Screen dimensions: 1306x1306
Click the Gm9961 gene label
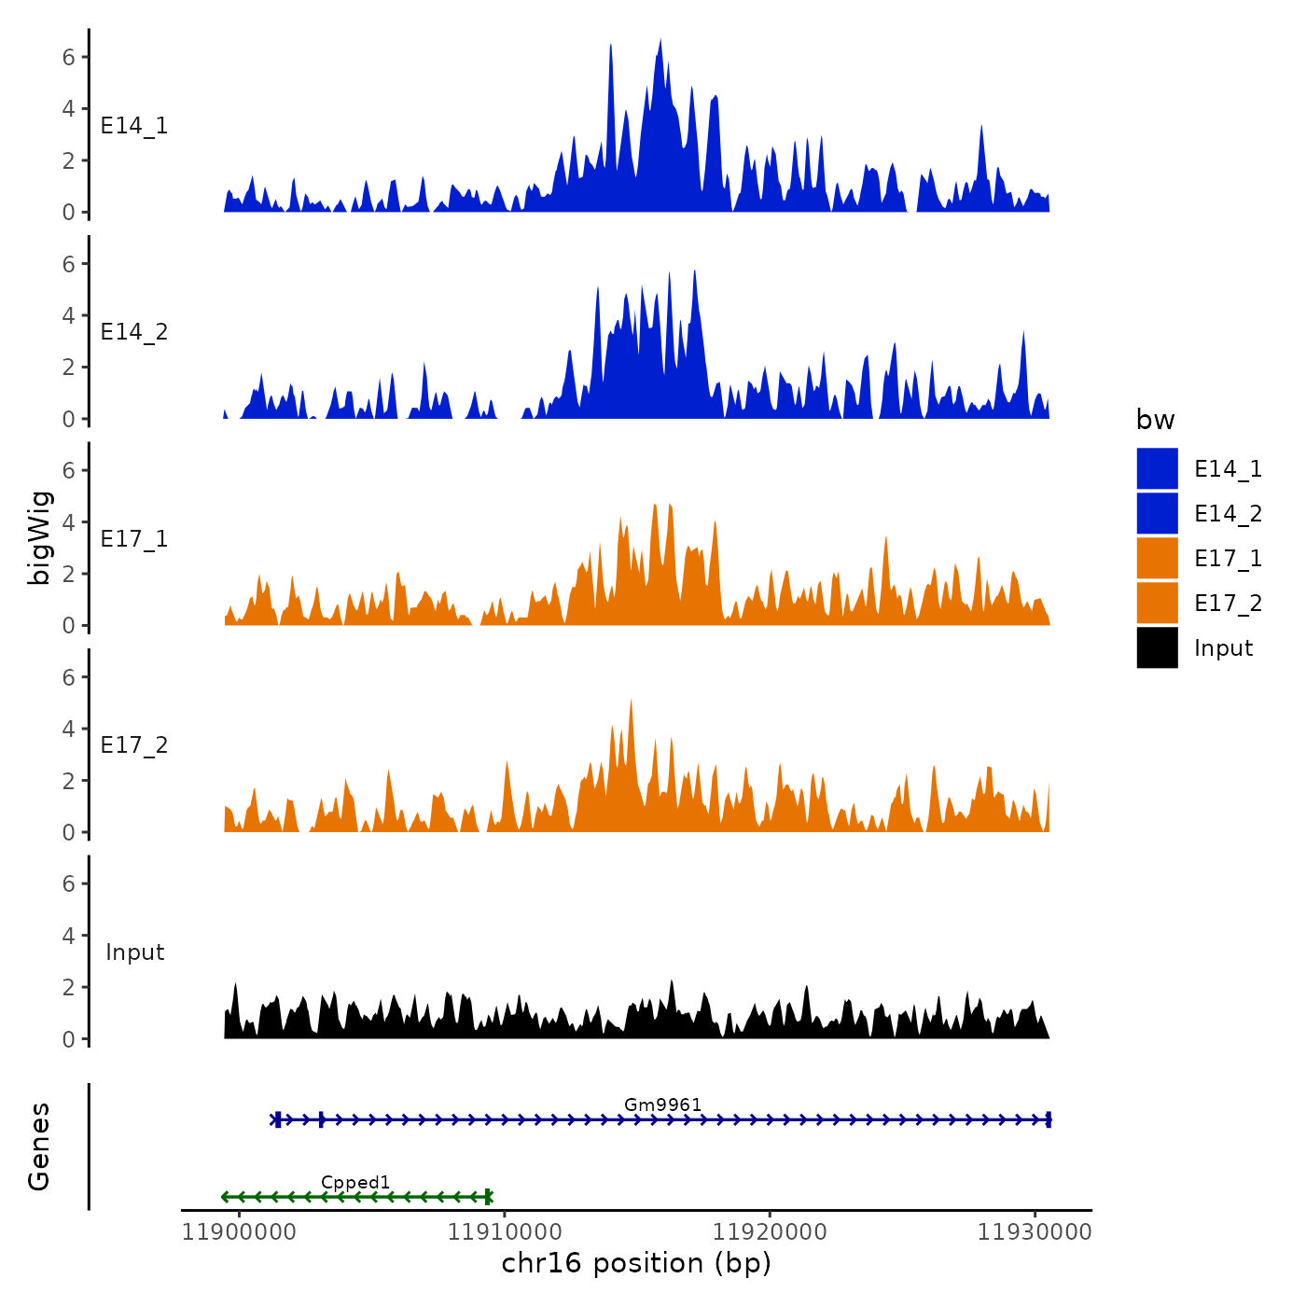pos(662,1105)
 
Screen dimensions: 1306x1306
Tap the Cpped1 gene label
pos(355,1183)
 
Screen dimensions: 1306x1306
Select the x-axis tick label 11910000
pos(505,1232)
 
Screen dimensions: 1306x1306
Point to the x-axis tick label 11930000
pos(1035,1232)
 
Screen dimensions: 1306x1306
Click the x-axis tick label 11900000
pos(240,1232)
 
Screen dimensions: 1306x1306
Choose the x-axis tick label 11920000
pos(770,1232)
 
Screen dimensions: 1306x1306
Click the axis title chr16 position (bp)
pos(636,1263)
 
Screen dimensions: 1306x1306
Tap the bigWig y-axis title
pos(39,537)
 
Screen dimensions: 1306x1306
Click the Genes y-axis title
pos(39,1146)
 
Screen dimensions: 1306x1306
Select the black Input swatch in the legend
pos(1157,647)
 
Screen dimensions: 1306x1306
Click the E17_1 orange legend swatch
pos(1157,558)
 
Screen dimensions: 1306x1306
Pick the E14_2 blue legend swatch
pos(1157,513)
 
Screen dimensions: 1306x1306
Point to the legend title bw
pos(1155,420)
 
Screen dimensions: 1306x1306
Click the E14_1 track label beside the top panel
pos(134,126)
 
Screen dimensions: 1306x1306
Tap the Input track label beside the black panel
pos(134,952)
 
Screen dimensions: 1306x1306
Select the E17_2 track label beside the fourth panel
pos(134,745)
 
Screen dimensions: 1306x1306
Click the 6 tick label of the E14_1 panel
pos(69,57)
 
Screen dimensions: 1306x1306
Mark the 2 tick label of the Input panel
pos(69,987)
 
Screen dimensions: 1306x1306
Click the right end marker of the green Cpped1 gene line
pos(489,1197)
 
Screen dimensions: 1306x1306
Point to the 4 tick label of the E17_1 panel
pos(69,522)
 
